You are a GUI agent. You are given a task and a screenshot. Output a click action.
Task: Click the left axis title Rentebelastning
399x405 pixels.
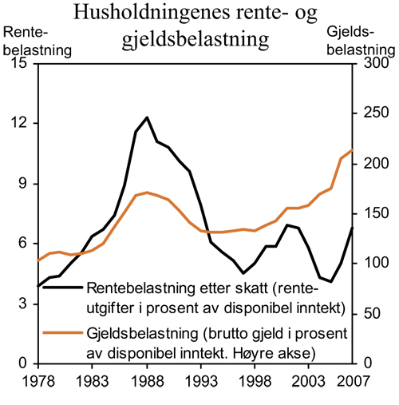coord(38,41)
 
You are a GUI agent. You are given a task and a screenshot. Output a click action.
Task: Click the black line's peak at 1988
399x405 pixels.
coord(147,117)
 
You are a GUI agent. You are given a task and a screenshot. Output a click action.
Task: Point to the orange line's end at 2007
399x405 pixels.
coord(353,150)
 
